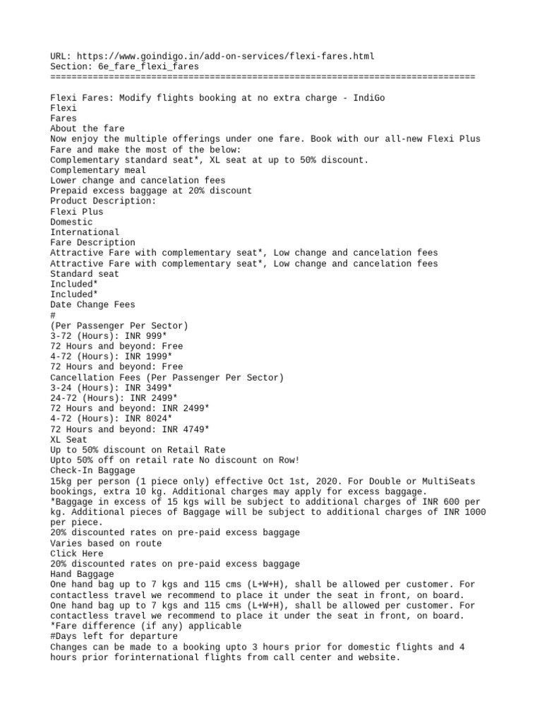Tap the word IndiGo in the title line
pos(369,97)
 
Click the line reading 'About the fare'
pos(87,129)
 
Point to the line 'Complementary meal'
pos(98,170)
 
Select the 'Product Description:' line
pos(103,201)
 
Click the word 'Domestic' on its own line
pos(71,222)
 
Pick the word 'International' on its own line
pos(85,232)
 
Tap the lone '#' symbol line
pos(53,315)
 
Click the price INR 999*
pos(148,336)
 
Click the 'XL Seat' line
pos(68,439)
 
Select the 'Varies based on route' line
pos(106,543)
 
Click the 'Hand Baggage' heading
pos(82,574)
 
